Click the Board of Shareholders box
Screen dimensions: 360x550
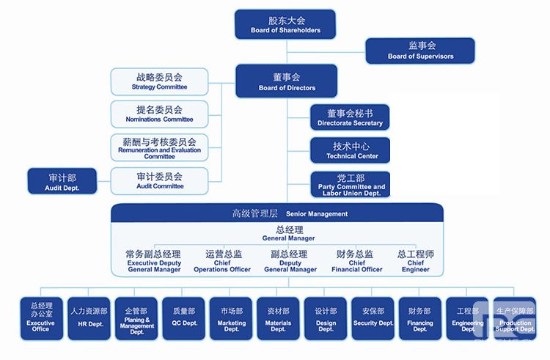click(286, 24)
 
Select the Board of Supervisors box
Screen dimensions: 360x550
click(420, 50)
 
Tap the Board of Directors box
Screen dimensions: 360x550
click(286, 81)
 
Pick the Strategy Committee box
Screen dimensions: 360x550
click(159, 81)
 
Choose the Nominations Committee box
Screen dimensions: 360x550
click(159, 114)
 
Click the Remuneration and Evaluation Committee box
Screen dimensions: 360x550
click(159, 147)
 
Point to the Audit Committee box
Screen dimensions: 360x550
click(159, 180)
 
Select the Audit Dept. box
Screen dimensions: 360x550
click(62, 181)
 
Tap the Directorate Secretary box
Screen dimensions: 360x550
click(350, 117)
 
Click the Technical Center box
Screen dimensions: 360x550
click(350, 150)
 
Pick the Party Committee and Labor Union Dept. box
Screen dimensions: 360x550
click(350, 185)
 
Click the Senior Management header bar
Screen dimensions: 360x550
click(277, 213)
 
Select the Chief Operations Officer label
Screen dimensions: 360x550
click(222, 262)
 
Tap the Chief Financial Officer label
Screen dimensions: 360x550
click(356, 262)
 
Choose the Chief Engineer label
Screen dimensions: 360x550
click(416, 261)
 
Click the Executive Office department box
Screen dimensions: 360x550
click(40, 318)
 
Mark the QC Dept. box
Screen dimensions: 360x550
click(183, 317)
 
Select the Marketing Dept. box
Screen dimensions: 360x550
click(231, 318)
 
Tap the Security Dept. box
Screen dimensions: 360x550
click(373, 317)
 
